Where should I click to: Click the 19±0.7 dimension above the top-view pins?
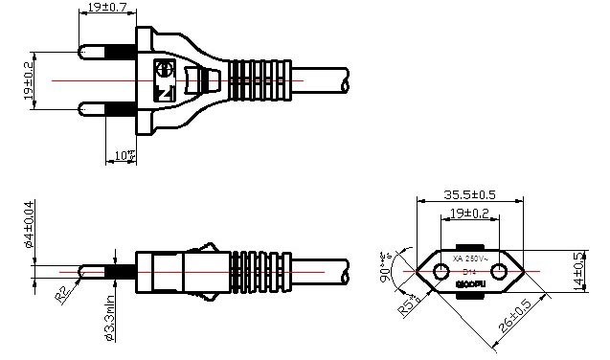coord(108,8)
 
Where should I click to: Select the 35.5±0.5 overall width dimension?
coord(468,193)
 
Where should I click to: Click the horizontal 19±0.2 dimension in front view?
coord(469,213)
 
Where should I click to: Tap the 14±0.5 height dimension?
coord(578,271)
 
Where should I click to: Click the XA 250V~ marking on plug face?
coord(469,259)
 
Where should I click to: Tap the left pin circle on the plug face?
coord(441,272)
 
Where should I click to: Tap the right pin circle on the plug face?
coord(497,272)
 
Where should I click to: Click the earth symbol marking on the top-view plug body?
coord(164,70)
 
